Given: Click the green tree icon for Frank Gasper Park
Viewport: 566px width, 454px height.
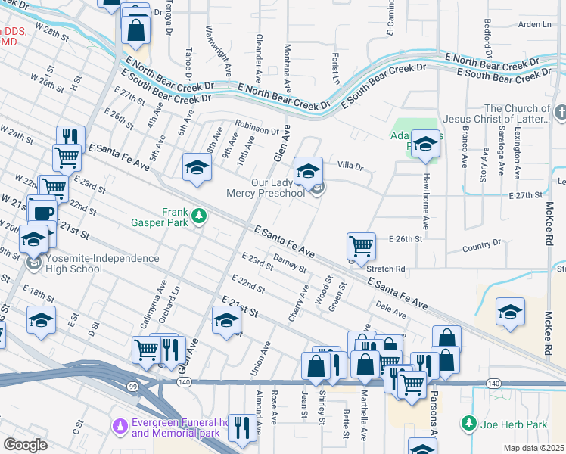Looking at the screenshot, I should point(199,217).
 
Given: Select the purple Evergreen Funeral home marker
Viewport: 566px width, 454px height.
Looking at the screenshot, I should point(119,428).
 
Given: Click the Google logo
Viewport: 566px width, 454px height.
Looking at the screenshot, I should point(25,445).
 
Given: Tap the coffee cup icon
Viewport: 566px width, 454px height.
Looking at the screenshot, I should point(42,210).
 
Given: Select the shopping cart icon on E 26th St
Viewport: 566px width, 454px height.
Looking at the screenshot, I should point(361,246).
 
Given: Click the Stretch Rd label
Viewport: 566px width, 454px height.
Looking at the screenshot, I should point(386,269).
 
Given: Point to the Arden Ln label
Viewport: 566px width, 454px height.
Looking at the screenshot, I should point(534,24).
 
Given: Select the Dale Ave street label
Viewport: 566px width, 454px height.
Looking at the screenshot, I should point(391,308).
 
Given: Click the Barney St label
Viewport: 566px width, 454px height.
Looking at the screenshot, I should point(290,264).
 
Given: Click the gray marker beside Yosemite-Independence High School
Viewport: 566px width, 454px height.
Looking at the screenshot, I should point(33,263).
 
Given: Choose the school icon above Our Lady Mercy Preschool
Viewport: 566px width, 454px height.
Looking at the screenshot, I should point(307,172).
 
